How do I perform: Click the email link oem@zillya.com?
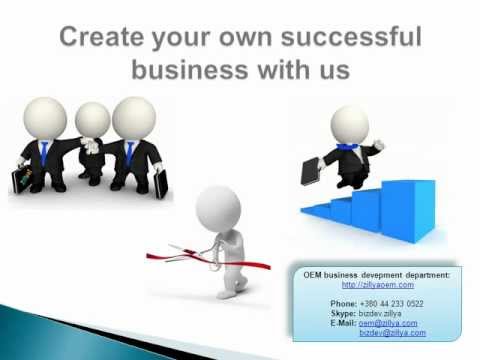(x=388, y=322)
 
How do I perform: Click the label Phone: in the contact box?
(x=343, y=302)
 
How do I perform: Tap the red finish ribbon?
(x=175, y=256)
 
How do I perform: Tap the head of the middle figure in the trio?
(x=92, y=121)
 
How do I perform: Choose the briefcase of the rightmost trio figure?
(x=160, y=184)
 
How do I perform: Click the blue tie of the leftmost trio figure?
(x=44, y=152)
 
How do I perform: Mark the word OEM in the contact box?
(x=313, y=274)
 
